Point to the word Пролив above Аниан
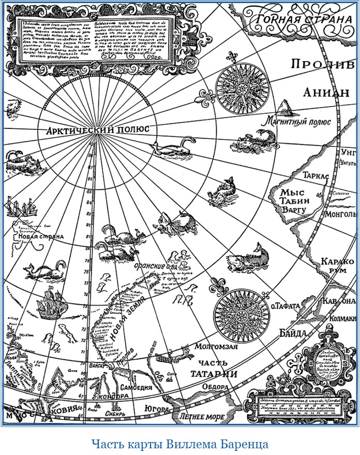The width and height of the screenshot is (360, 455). (x=317, y=64)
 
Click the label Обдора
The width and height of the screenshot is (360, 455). (x=215, y=387)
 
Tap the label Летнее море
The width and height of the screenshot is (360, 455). (x=200, y=415)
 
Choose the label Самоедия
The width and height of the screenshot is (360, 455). (x=136, y=388)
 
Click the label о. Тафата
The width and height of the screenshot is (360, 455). (x=285, y=306)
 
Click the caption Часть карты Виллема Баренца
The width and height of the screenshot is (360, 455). (x=180, y=444)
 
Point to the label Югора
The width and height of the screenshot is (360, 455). (x=157, y=409)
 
